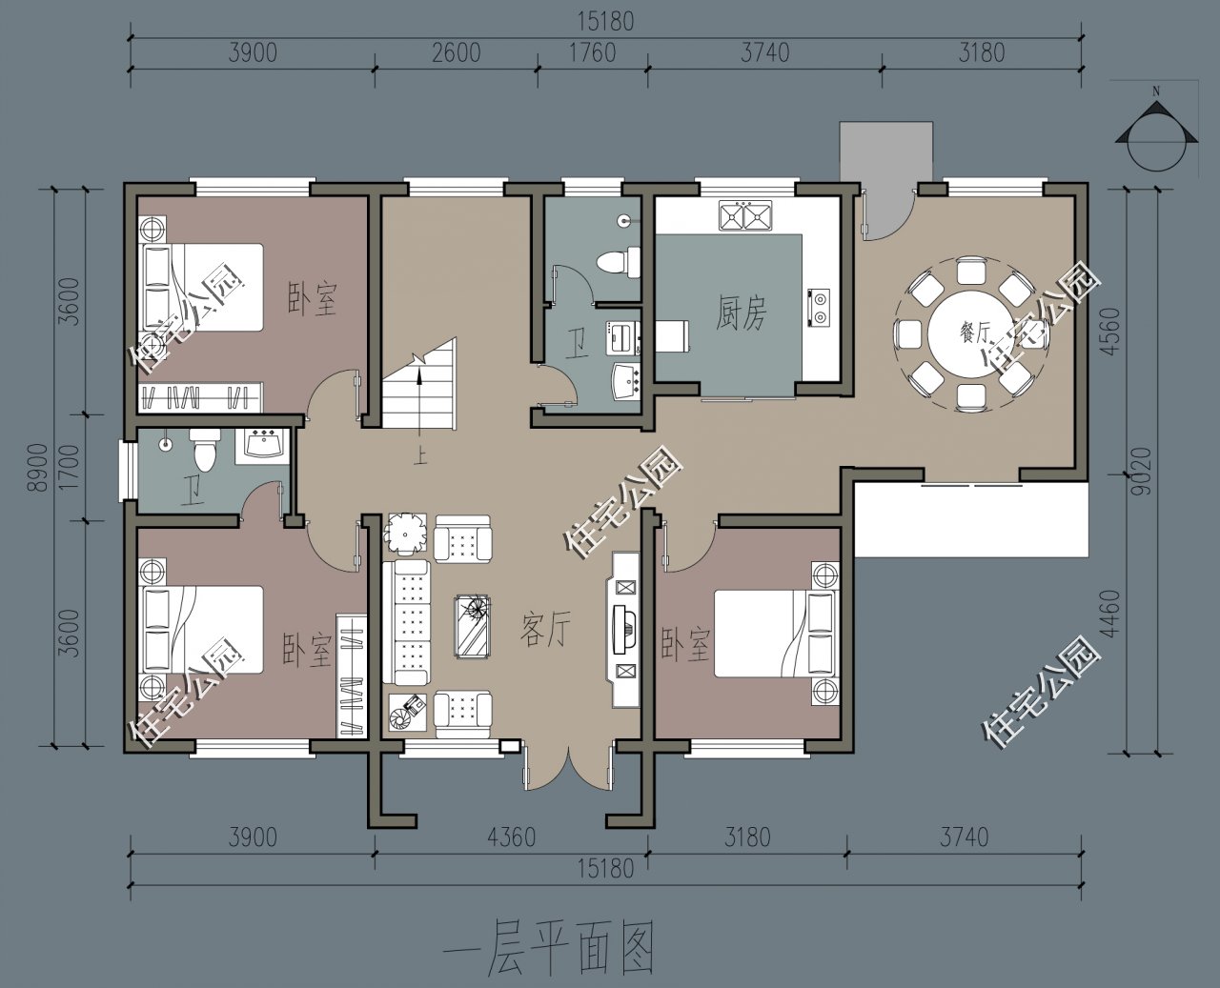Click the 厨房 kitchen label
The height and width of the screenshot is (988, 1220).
[741, 313]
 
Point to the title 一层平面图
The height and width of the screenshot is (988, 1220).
[549, 948]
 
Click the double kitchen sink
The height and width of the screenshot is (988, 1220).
[744, 216]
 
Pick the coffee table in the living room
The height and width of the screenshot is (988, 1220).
[474, 625]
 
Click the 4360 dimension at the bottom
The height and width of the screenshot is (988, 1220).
[511, 837]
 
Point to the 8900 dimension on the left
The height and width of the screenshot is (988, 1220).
[37, 467]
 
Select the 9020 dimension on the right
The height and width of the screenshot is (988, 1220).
[1144, 471]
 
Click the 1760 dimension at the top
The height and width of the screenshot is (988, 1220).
[592, 52]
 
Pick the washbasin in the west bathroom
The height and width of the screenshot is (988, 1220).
[261, 445]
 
